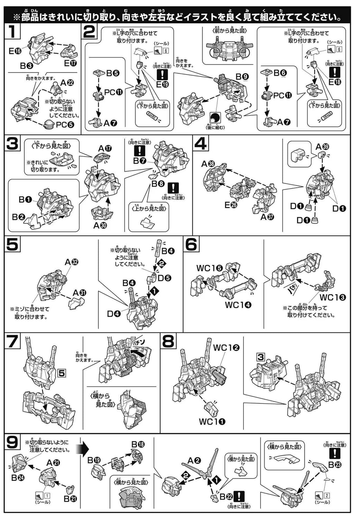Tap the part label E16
click(x=15, y=52)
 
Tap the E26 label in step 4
click(x=231, y=205)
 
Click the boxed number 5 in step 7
click(x=62, y=373)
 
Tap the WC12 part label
click(x=226, y=347)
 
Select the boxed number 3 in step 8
click(x=260, y=357)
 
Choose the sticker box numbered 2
click(x=326, y=495)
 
